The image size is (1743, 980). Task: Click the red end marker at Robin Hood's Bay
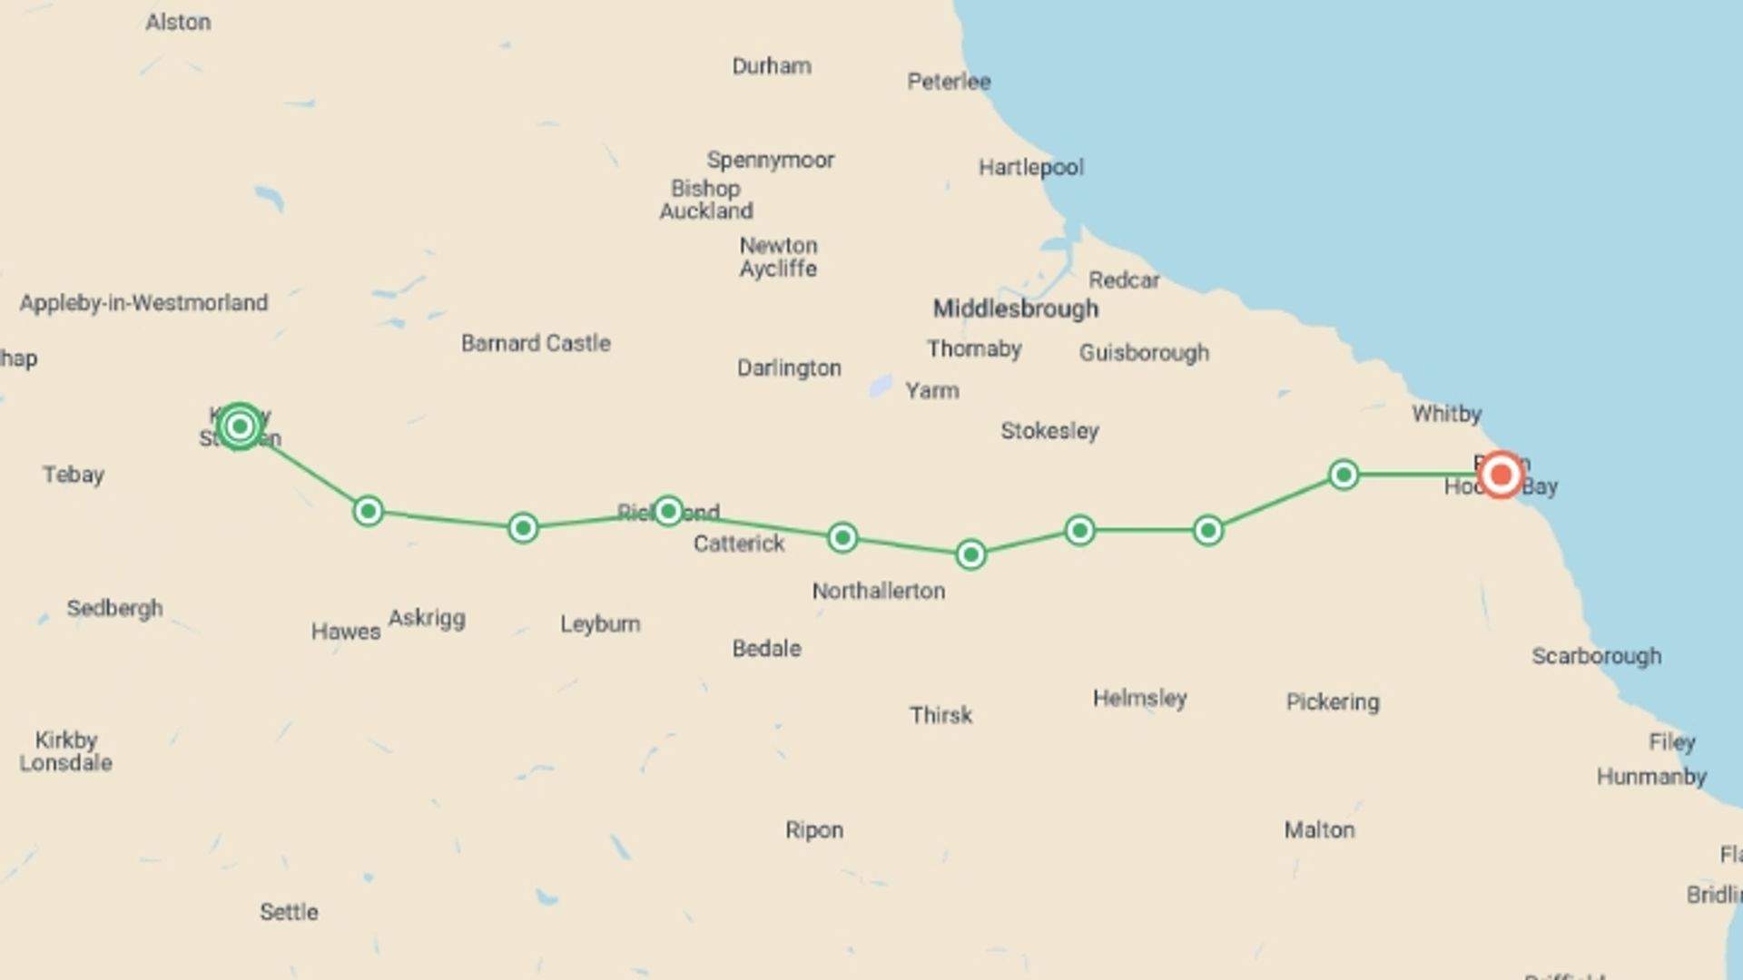[x=1501, y=475]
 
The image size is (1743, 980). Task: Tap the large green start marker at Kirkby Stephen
[x=240, y=426]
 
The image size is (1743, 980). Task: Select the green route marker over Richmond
[x=668, y=511]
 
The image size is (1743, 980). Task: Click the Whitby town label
[x=1446, y=415]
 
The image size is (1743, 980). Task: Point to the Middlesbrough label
[x=1016, y=309]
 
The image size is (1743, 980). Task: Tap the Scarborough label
[x=1596, y=656]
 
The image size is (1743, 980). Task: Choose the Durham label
[x=772, y=66]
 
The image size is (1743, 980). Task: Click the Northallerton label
[x=878, y=592]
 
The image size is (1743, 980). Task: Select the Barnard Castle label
[x=536, y=343]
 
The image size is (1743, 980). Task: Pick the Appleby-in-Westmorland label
[x=143, y=302]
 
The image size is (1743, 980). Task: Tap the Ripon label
[x=814, y=830]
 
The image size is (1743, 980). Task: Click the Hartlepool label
[x=1030, y=168]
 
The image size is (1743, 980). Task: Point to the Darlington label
[x=789, y=368]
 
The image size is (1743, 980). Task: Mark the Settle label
[x=289, y=912]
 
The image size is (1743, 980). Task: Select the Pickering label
[x=1332, y=702]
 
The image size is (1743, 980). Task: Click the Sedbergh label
[x=114, y=608]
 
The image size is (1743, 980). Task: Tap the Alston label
[x=178, y=22]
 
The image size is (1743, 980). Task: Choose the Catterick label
[x=738, y=544]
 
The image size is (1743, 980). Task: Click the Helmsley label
[x=1139, y=699]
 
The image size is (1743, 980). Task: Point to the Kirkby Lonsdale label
[x=65, y=751]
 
